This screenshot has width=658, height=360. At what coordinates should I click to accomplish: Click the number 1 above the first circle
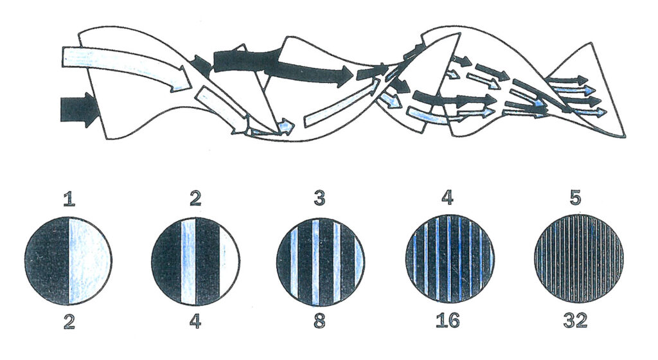69,199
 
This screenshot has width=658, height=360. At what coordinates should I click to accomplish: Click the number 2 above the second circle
195,199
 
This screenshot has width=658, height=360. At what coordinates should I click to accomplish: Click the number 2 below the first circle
69,321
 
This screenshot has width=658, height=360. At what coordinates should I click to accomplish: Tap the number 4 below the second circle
195,321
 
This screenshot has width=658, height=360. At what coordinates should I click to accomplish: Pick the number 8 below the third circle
320,321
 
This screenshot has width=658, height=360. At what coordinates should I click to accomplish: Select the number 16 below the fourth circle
447,321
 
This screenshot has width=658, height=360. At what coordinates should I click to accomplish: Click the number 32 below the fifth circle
575,321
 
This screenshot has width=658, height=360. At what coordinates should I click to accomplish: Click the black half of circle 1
47,261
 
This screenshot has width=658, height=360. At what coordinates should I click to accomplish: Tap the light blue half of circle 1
90,261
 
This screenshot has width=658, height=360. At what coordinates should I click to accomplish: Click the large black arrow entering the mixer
79,109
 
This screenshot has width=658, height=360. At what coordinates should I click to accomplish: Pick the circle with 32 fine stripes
579,259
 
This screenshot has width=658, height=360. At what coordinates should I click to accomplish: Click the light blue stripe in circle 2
188,261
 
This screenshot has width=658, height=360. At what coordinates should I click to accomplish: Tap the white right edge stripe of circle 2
229,261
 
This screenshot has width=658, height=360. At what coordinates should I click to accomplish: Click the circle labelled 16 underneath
450,259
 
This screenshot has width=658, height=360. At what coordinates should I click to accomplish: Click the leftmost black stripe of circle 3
283,261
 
